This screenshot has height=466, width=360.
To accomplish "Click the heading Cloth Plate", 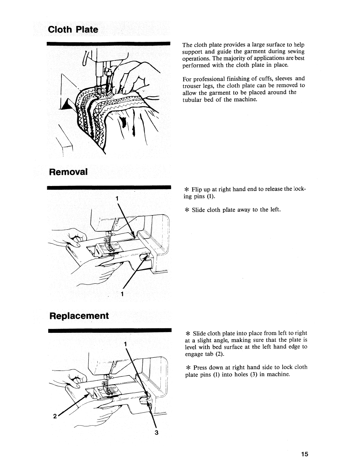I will pyautogui.click(x=72, y=29).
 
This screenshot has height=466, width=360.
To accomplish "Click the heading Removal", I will pyautogui.click(x=68, y=172).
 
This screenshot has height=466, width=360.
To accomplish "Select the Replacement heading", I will pyautogui.click(x=79, y=315).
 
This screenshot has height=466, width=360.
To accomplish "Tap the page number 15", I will pyautogui.click(x=305, y=454).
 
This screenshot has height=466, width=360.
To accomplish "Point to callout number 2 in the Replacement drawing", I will pyautogui.click(x=55, y=417).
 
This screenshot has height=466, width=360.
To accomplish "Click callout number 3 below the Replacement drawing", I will pyautogui.click(x=156, y=432).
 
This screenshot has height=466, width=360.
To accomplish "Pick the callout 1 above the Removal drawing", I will pyautogui.click(x=117, y=198).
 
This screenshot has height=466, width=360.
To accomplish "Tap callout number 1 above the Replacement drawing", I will pyautogui.click(x=125, y=344).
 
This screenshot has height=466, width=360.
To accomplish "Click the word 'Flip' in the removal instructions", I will pyautogui.click(x=198, y=189).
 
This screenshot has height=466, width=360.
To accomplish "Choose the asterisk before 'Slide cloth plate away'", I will pyautogui.click(x=187, y=210).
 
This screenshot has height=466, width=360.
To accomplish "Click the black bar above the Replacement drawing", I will pyautogui.click(x=109, y=330).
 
